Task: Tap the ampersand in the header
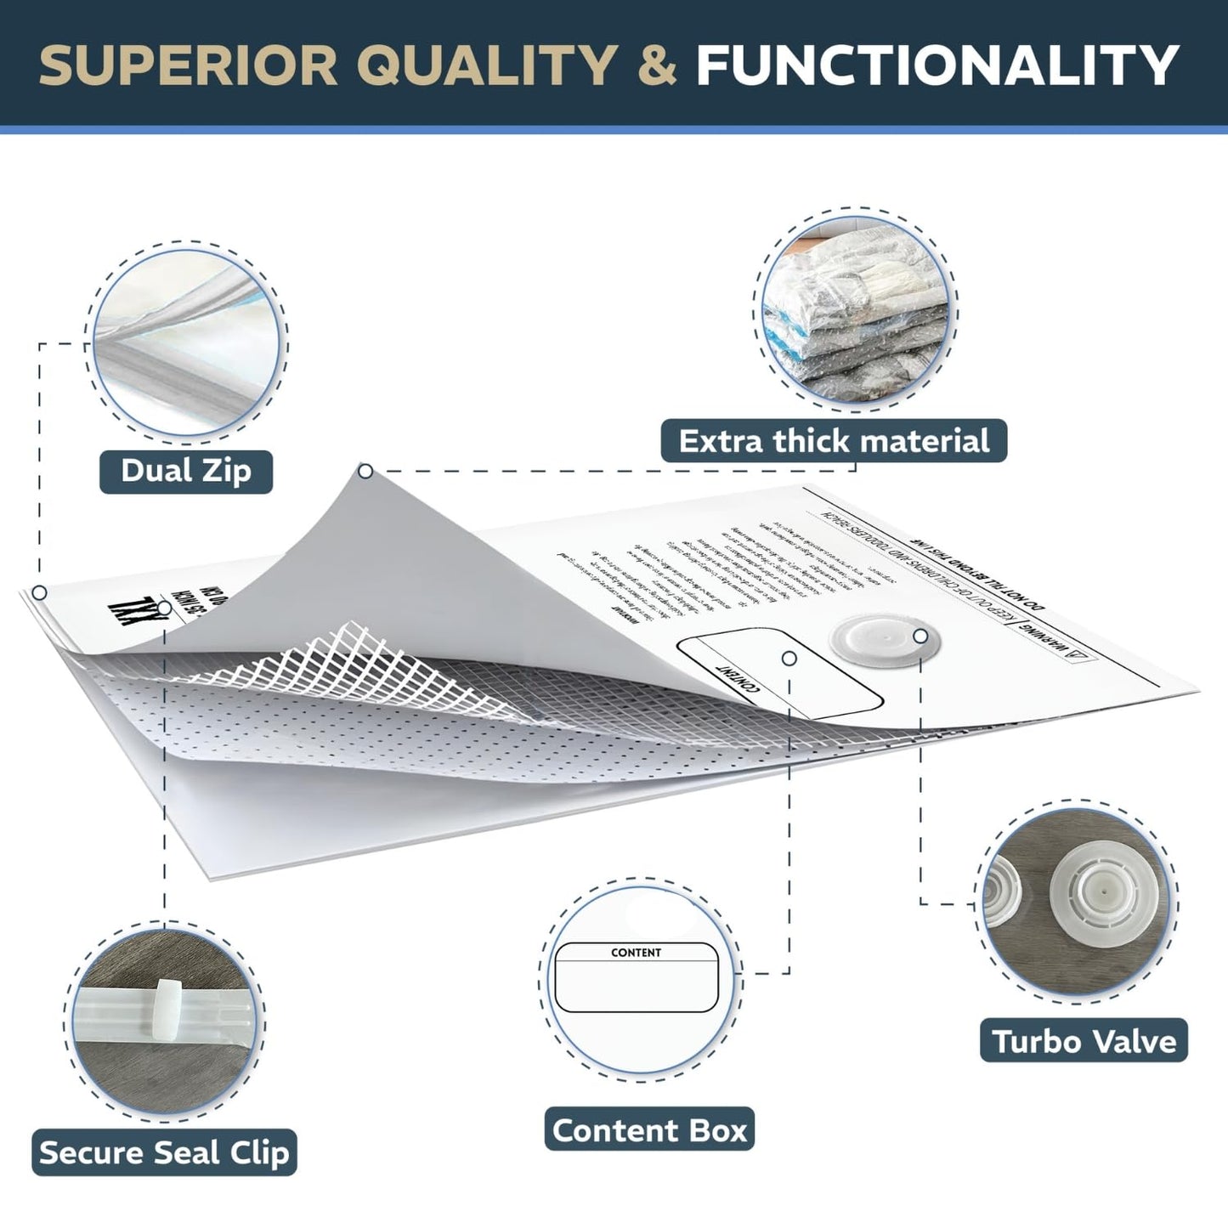655,65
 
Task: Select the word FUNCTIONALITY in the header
937,65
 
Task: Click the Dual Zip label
186,471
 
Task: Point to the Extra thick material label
834,441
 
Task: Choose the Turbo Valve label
1084,1041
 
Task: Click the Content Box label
649,1130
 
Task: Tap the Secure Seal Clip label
164,1152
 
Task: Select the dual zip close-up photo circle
186,342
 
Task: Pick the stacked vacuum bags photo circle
856,308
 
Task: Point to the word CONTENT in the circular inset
636,953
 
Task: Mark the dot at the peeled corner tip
365,471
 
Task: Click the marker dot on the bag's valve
920,636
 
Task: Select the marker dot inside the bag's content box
789,659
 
